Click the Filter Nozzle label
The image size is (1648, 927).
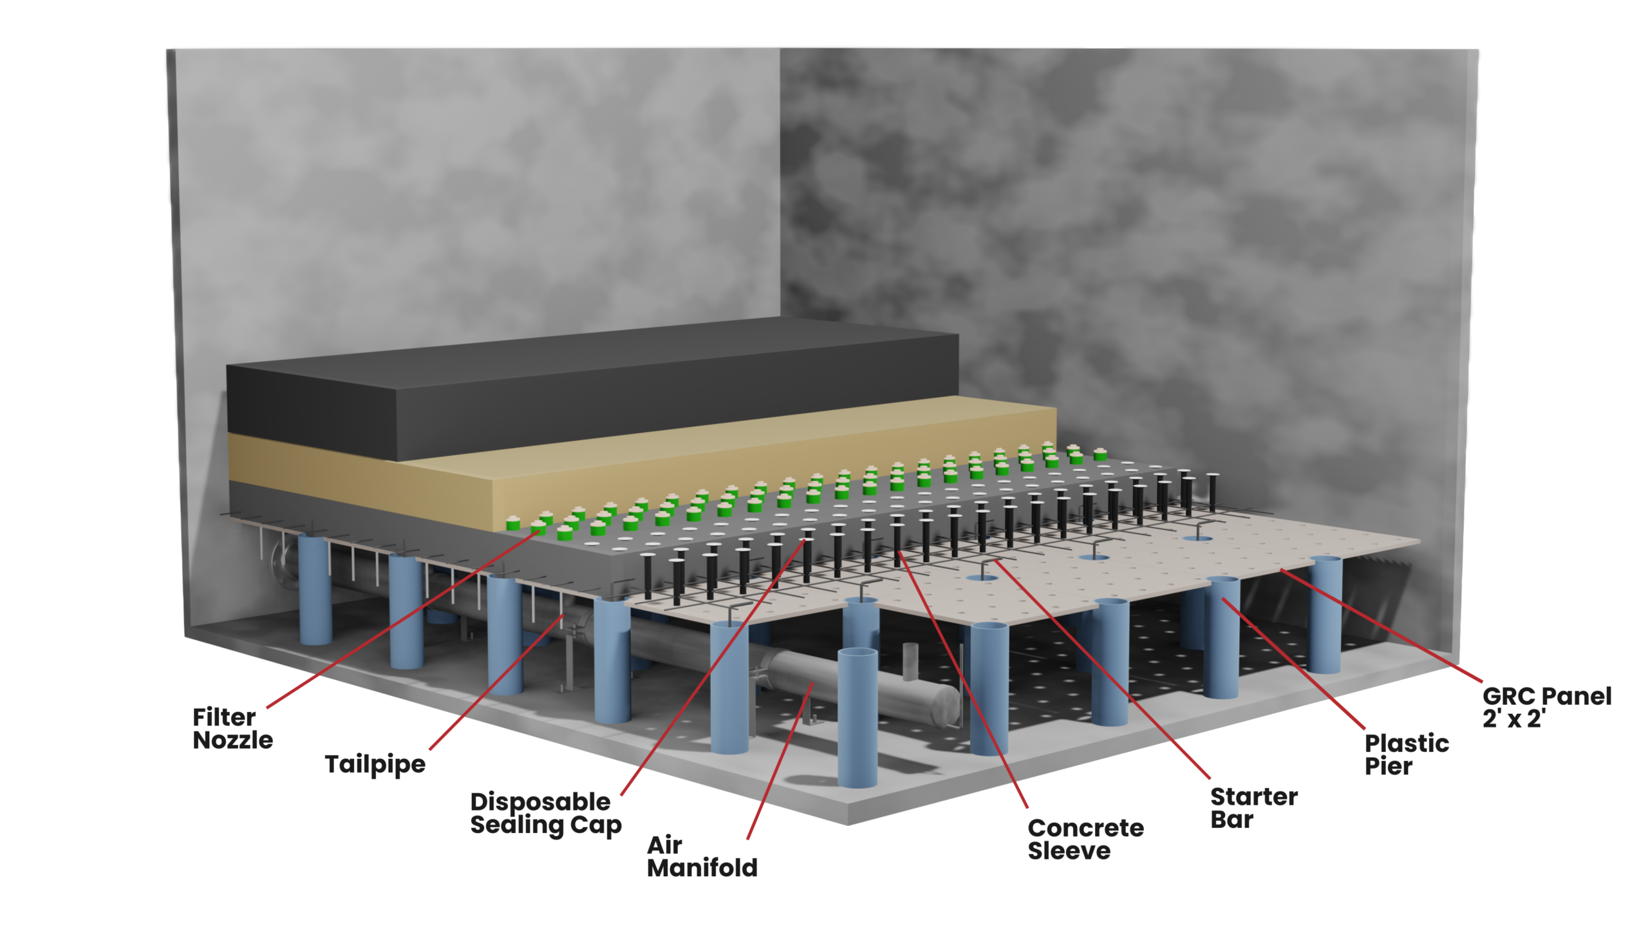point(232,729)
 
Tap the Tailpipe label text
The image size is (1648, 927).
point(375,764)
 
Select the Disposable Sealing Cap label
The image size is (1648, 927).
point(546,814)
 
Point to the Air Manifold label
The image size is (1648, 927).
point(702,857)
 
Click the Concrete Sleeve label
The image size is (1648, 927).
point(1085,839)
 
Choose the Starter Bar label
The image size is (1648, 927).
point(1253,809)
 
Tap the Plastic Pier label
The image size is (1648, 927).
point(1407,755)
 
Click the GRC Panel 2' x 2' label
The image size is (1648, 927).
point(1546,707)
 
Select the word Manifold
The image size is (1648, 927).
point(702,868)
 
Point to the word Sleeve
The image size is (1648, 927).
point(1069,851)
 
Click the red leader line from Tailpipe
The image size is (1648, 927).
point(496,682)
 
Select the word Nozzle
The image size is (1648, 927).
point(232,741)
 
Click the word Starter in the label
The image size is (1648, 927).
point(1253,797)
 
